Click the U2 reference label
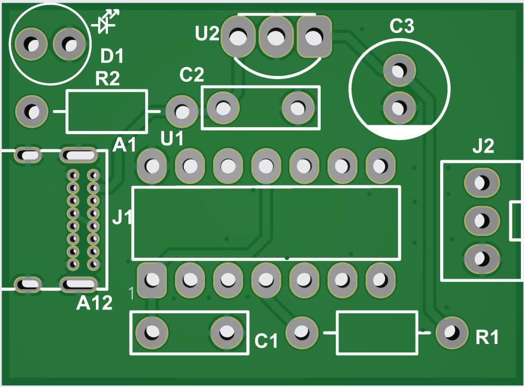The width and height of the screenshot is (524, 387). tap(207, 34)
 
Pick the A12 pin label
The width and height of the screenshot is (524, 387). tap(94, 303)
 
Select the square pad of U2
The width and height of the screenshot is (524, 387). tap(314, 37)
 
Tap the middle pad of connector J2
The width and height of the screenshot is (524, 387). tap(481, 220)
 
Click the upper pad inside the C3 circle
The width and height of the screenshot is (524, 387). tap(399, 70)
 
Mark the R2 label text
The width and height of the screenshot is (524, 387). tap(107, 79)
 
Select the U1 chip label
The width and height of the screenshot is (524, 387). tap(172, 139)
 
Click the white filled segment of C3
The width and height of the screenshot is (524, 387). tap(399, 131)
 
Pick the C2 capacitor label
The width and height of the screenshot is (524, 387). tap(191, 75)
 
